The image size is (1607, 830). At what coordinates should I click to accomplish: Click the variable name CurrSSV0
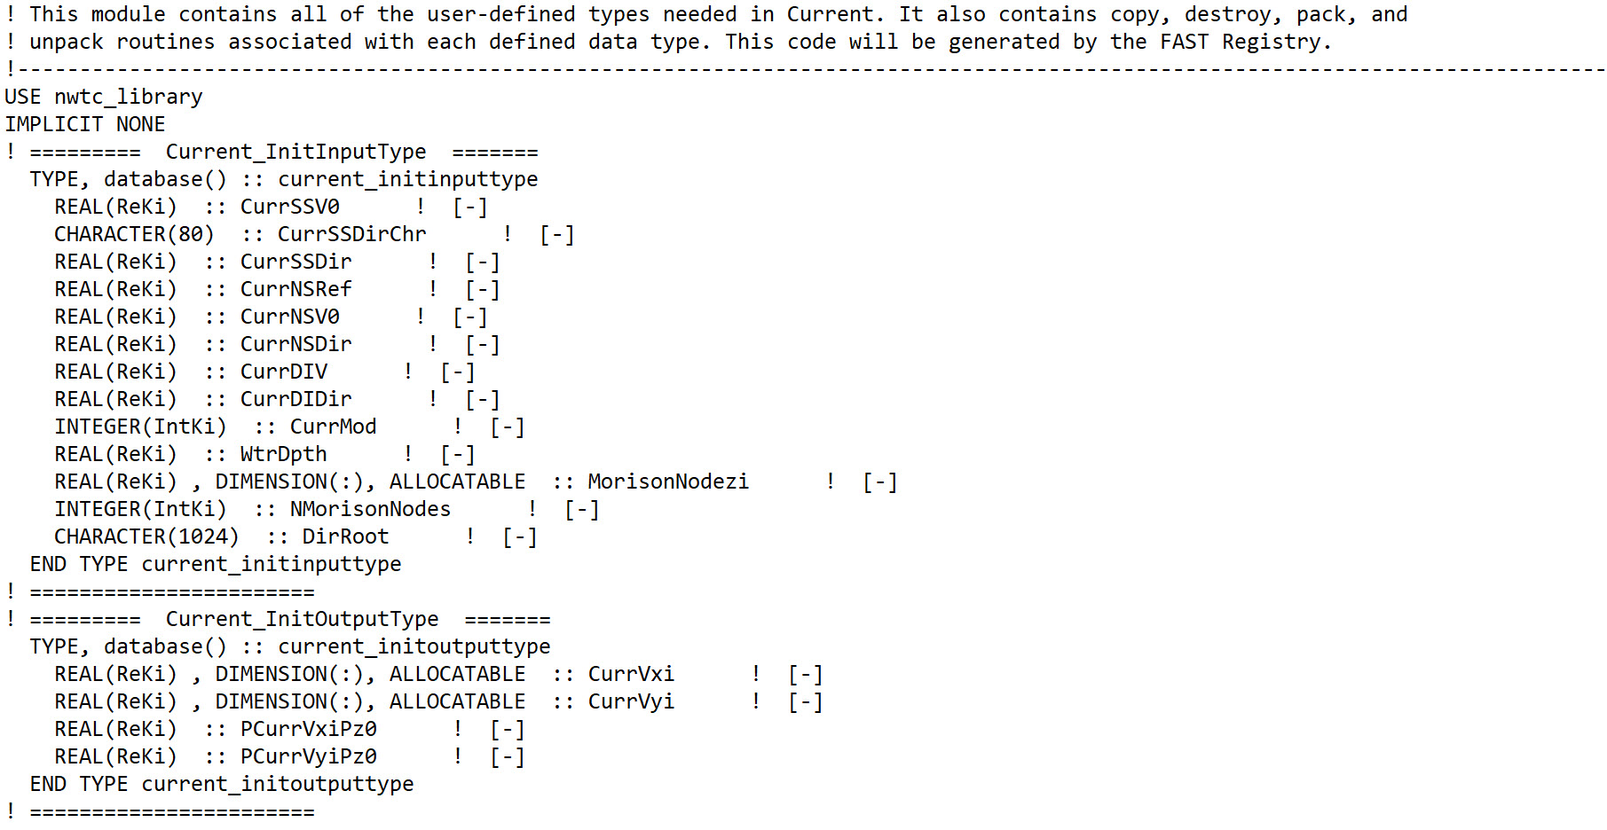click(290, 207)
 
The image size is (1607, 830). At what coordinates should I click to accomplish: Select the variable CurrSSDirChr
click(352, 234)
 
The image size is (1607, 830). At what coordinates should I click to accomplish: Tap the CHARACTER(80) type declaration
click(134, 234)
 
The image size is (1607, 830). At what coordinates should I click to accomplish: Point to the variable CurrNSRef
click(296, 289)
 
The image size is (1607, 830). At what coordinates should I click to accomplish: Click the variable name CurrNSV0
click(290, 317)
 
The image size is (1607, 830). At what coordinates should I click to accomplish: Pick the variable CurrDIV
click(284, 372)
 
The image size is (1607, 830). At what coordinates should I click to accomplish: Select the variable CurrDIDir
click(296, 399)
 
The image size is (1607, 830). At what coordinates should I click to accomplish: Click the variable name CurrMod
click(334, 427)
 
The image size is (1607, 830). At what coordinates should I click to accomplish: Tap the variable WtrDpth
click(284, 454)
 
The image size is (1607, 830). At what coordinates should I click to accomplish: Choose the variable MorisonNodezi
click(668, 482)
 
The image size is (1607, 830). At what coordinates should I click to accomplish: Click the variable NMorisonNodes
click(371, 509)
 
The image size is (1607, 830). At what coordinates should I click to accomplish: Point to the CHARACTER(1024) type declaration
click(146, 536)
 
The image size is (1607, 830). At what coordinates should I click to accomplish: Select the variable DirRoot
click(346, 536)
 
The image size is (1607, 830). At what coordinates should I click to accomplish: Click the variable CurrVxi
click(631, 674)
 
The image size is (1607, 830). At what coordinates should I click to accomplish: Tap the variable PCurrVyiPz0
click(309, 756)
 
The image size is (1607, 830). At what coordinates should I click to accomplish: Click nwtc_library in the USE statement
click(129, 97)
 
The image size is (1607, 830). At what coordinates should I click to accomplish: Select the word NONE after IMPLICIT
click(141, 124)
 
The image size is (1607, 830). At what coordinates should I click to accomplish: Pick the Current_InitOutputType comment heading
click(303, 619)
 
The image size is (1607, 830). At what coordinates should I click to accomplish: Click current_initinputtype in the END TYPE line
click(272, 564)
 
